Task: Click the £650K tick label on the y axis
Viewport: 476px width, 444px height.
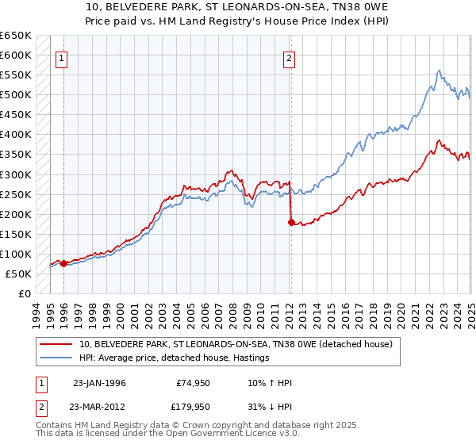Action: coord(16,36)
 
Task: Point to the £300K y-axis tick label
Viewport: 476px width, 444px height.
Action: coord(16,174)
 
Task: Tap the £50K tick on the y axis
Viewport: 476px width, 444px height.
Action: coord(18,274)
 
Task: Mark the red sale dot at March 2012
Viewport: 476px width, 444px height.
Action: coord(290,222)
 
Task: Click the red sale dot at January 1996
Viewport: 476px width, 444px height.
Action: coord(63,264)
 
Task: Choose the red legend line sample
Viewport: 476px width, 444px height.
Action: coord(56,344)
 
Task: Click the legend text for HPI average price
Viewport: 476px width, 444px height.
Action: coord(175,358)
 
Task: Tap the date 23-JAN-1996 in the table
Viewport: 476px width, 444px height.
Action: coord(98,381)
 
